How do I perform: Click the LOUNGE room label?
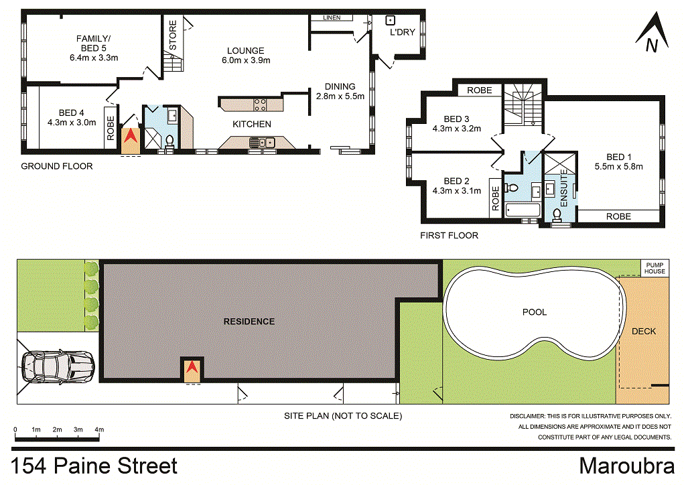[245, 51]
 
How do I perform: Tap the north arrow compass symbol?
[650, 33]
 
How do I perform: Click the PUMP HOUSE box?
[655, 268]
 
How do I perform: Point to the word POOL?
[534, 312]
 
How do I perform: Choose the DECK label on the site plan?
[644, 331]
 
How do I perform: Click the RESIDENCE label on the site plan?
[249, 322]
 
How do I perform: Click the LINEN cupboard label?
[332, 17]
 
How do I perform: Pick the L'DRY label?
[403, 33]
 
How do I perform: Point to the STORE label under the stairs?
[173, 36]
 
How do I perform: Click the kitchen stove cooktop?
[259, 104]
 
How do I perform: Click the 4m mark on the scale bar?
[99, 429]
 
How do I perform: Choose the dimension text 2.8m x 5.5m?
[340, 96]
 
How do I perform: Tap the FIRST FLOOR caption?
[449, 236]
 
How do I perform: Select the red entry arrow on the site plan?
[192, 368]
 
